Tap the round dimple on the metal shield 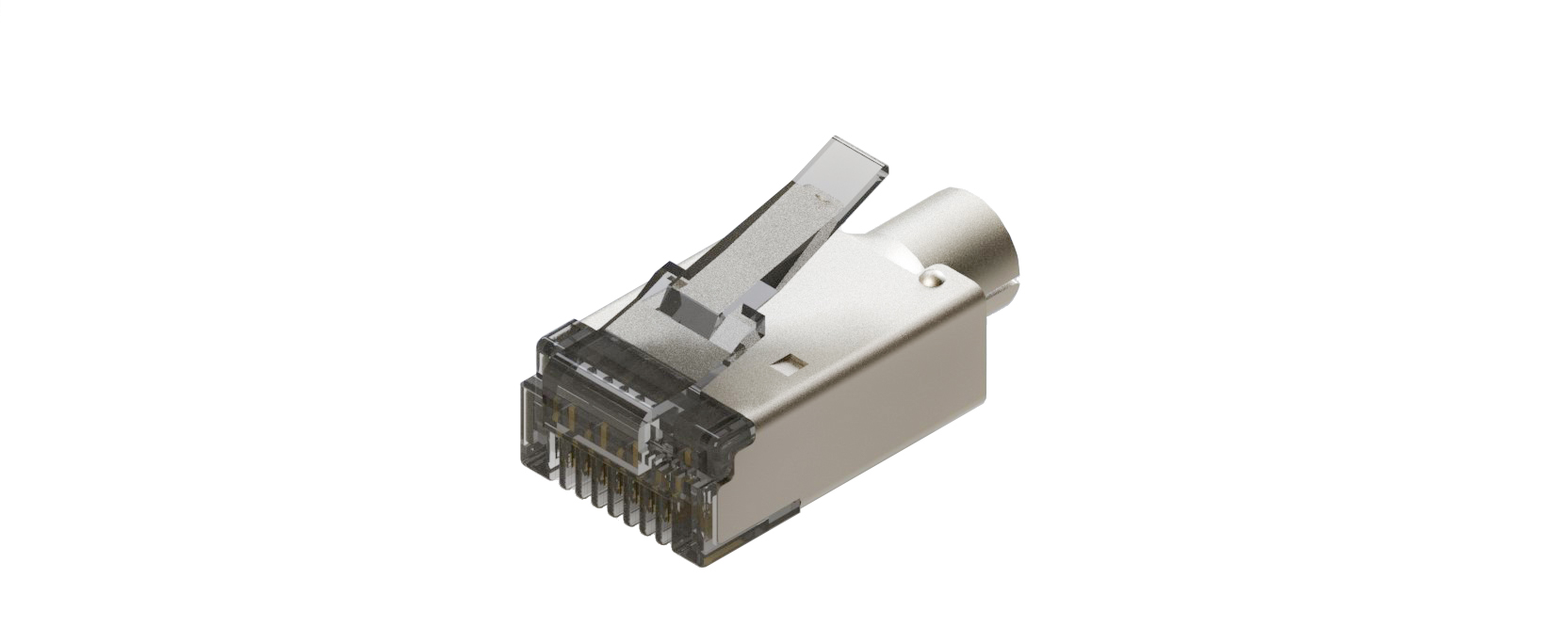coord(933,278)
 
